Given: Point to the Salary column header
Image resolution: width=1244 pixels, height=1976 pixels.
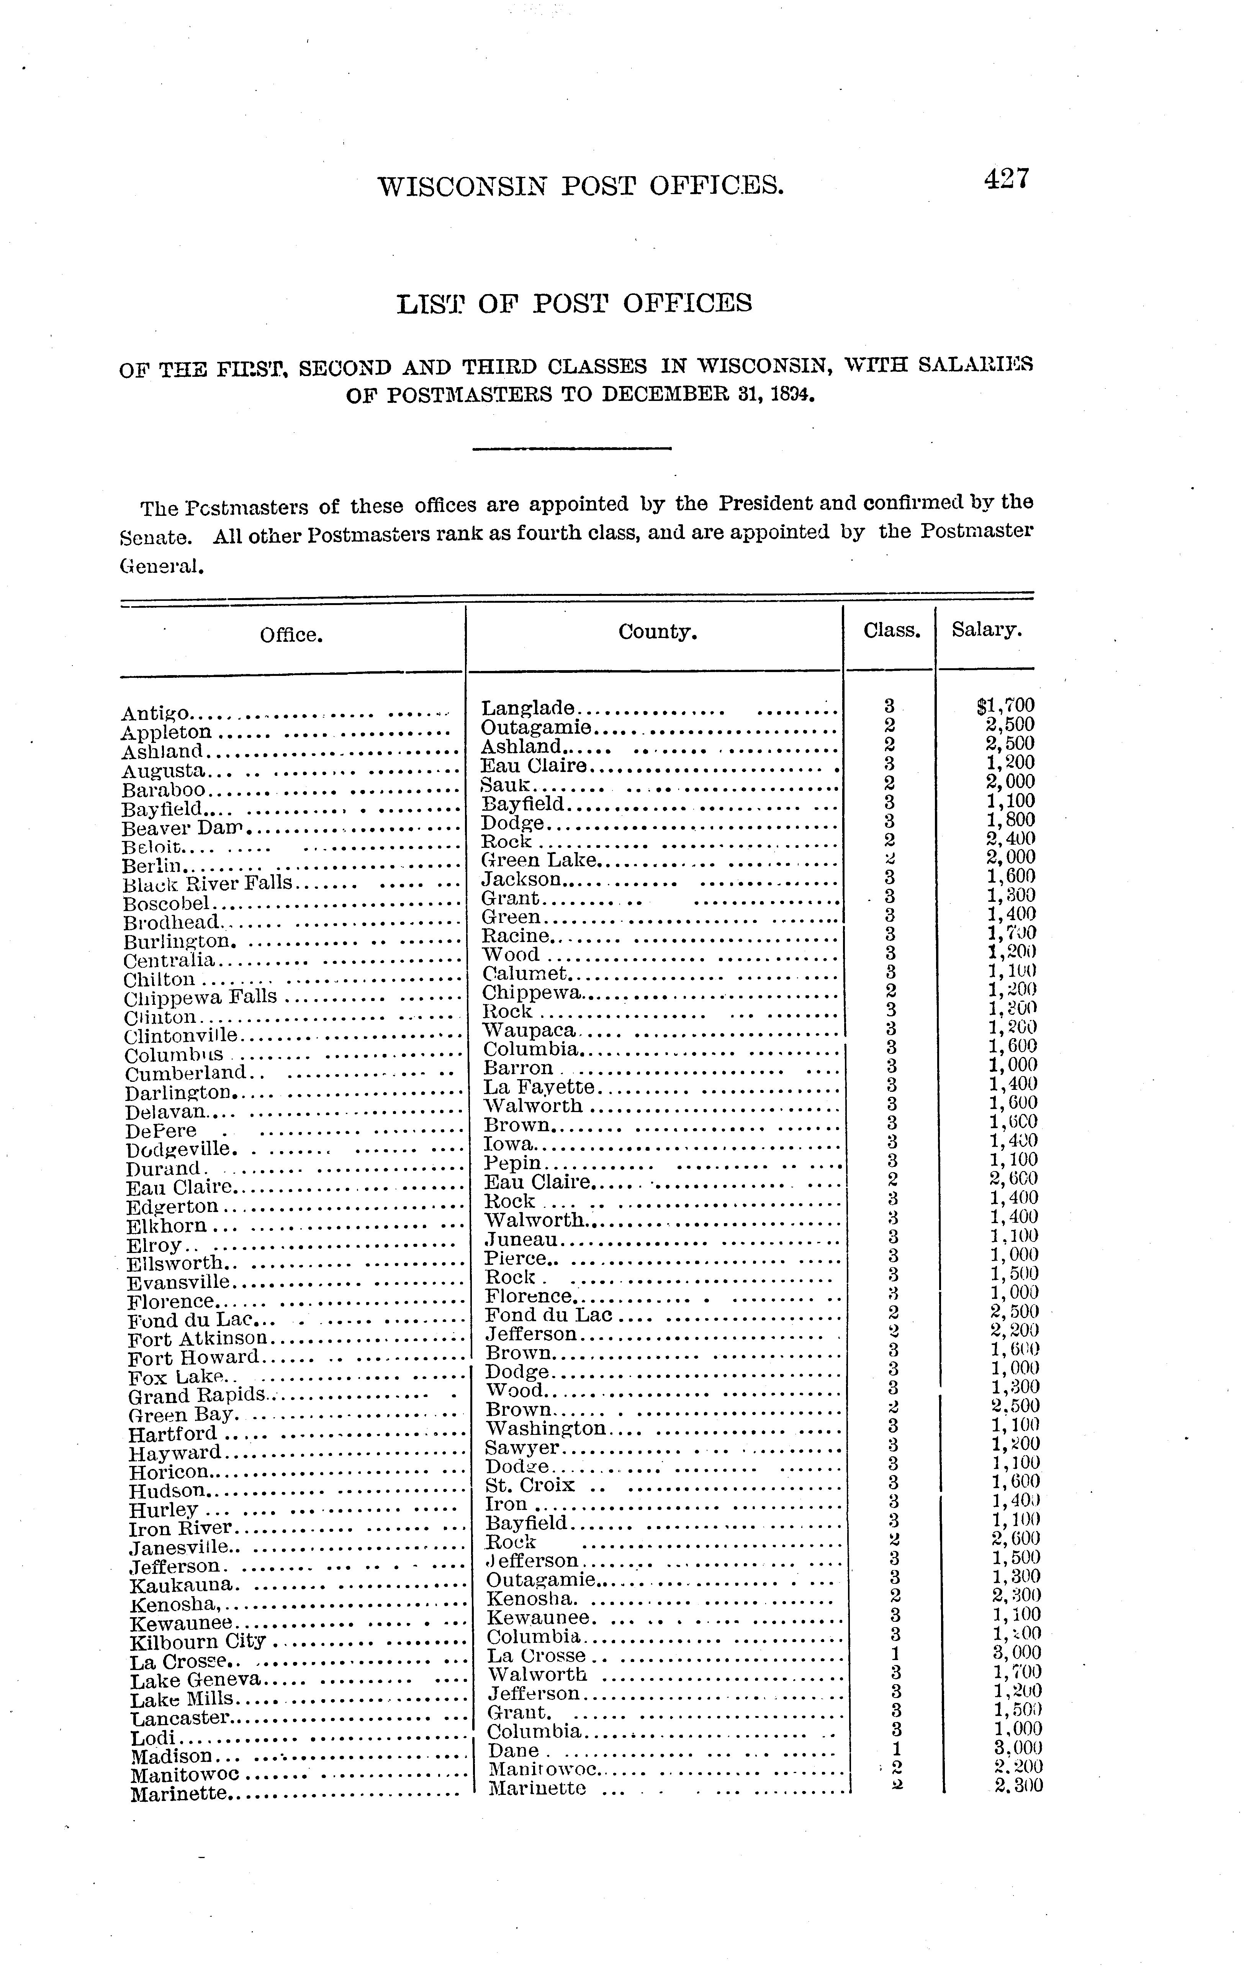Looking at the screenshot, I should [x=986, y=630].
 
